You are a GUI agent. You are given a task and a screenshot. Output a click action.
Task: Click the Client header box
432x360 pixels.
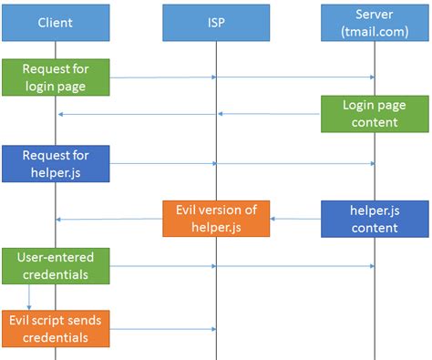click(x=56, y=21)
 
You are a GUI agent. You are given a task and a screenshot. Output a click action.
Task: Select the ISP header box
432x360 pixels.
click(x=216, y=21)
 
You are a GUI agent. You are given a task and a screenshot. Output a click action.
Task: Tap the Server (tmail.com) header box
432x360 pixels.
click(x=375, y=21)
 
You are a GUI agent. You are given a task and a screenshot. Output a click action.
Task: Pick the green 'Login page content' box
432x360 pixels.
click(x=375, y=114)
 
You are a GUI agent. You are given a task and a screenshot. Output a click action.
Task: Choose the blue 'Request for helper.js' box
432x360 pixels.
click(x=56, y=164)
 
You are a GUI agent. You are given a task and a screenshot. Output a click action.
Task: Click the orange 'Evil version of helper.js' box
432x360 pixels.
click(x=216, y=219)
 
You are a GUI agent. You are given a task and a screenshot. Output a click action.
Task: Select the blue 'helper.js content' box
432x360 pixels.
click(x=375, y=219)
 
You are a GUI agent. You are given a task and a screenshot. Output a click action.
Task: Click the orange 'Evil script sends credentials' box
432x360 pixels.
click(x=56, y=328)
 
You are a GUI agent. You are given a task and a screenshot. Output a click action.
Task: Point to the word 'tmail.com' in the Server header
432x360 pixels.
click(x=375, y=30)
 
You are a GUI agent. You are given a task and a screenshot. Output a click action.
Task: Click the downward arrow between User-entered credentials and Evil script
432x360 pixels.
click(x=30, y=297)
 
